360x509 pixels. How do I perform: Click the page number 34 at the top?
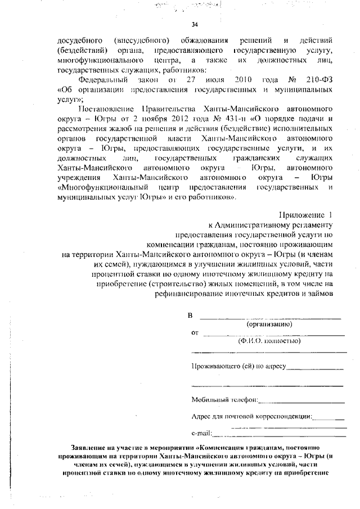pos(195,25)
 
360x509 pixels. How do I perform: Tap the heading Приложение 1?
pos(307,215)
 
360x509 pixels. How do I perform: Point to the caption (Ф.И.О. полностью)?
pos(269,341)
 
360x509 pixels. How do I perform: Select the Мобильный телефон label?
pos(224,400)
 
